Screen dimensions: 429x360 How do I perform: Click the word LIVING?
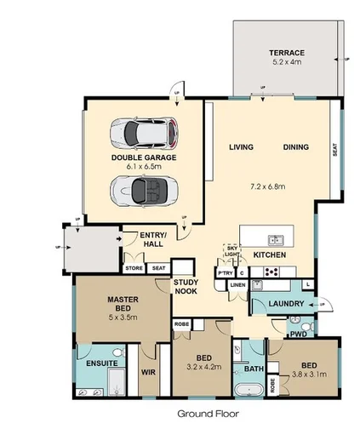pos(243,148)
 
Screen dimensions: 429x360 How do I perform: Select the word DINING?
pos(295,148)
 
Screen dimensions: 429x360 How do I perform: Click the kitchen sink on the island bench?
pos(274,240)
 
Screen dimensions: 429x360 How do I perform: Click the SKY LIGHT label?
pos(231,251)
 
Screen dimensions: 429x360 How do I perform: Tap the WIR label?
pos(148,372)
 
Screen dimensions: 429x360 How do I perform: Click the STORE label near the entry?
pos(134,268)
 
